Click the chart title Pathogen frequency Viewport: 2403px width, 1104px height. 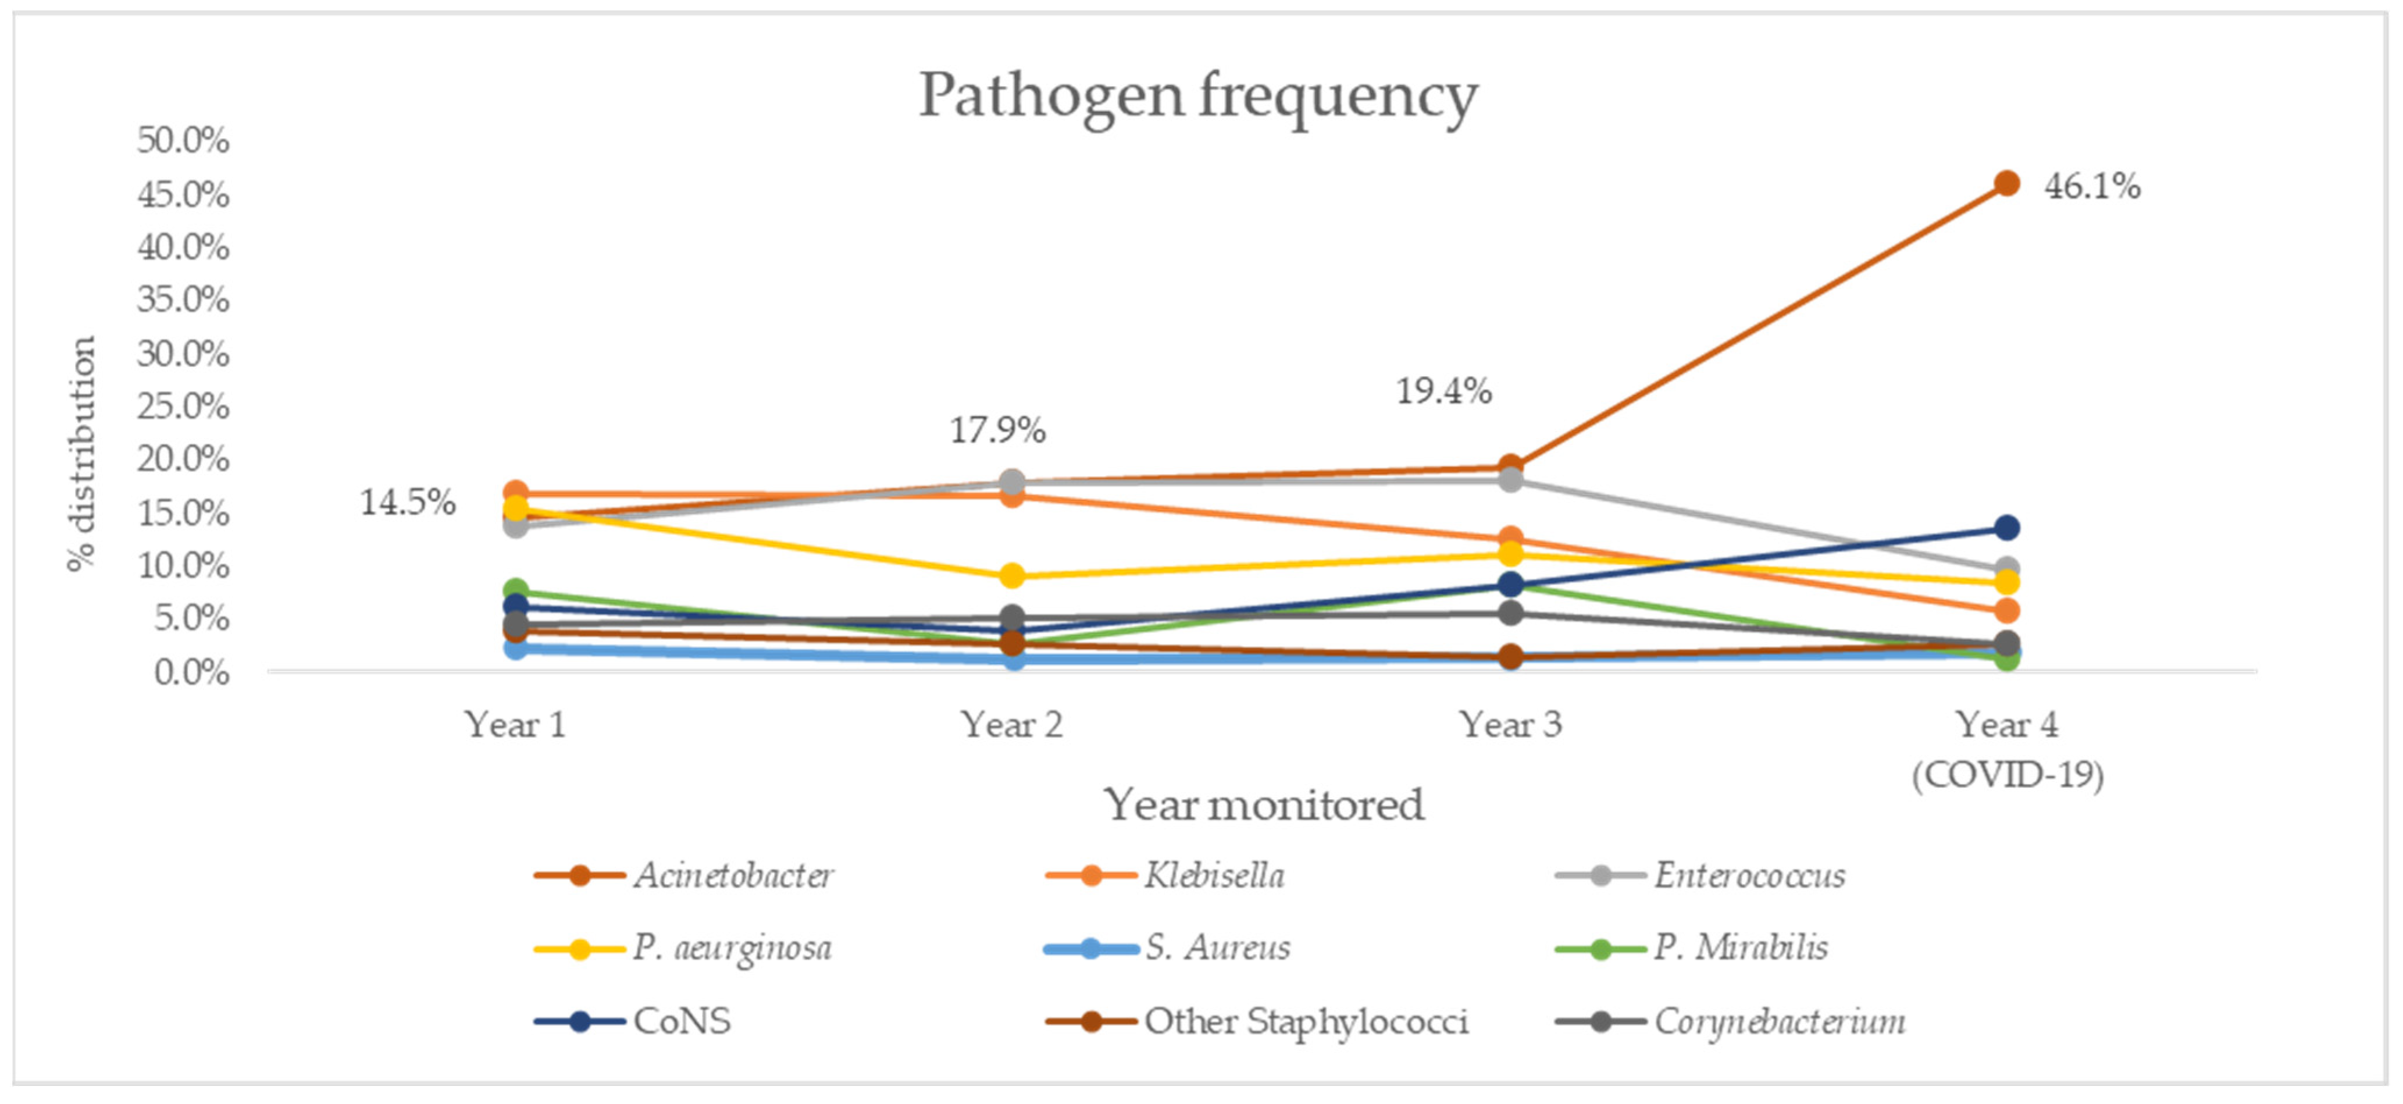click(x=1198, y=96)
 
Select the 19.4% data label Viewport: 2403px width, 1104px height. click(x=1443, y=391)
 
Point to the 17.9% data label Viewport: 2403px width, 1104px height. click(x=997, y=430)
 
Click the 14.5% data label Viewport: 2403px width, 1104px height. click(x=408, y=503)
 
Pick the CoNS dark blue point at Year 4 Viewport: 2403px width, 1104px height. click(x=2006, y=528)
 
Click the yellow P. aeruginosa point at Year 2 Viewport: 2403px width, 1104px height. click(x=1012, y=576)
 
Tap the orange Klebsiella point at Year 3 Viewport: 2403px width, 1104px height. click(x=1510, y=539)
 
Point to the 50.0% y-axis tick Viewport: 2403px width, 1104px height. click(x=183, y=140)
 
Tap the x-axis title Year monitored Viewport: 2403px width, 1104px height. click(x=1264, y=804)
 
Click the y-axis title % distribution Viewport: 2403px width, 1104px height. click(x=82, y=454)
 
